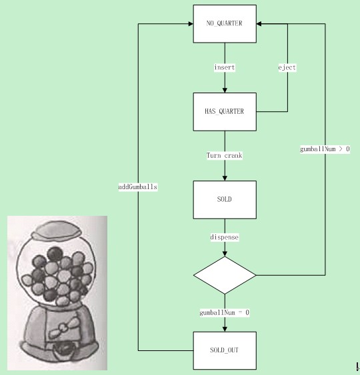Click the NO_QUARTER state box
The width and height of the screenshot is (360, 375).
(225, 24)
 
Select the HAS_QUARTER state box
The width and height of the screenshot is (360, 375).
(225, 112)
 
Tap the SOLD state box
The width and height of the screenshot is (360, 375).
(225, 200)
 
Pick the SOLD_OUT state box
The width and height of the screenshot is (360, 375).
(225, 350)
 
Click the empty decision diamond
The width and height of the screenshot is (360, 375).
(225, 275)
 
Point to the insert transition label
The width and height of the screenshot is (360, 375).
(225, 67)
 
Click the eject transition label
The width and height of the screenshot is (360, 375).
(287, 68)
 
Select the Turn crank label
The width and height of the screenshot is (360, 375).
(225, 155)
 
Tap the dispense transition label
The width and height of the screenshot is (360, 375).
(225, 237)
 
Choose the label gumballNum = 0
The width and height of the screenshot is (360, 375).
(225, 312)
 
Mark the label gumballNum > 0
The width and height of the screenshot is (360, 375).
(325, 149)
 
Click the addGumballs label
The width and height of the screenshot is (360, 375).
(138, 187)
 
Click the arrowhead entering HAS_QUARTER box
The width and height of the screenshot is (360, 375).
(225, 91)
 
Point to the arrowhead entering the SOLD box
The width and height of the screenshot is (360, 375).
(225, 179)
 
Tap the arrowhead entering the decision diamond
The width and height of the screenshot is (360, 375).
(225, 254)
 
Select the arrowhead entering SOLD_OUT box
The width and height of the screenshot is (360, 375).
(225, 329)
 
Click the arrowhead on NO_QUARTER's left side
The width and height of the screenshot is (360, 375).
(191, 24)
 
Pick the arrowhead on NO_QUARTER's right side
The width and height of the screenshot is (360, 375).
(259, 24)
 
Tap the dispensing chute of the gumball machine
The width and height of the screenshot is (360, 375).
(63, 350)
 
